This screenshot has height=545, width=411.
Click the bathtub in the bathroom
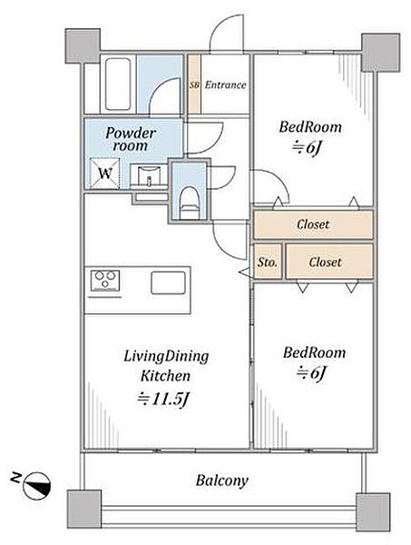pyautogui.click(x=118, y=84)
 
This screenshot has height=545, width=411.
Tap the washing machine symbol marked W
pyautogui.click(x=105, y=173)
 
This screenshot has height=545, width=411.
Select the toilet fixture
pyautogui.click(x=190, y=203)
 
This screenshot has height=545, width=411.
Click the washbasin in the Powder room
pyautogui.click(x=150, y=175)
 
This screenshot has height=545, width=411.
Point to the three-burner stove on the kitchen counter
pyautogui.click(x=105, y=280)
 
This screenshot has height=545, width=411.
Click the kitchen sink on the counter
pyautogui.click(x=168, y=282)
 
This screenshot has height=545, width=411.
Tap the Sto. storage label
pyautogui.click(x=268, y=263)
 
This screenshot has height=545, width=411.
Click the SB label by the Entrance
pyautogui.click(x=194, y=84)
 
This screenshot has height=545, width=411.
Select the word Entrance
pyautogui.click(x=225, y=84)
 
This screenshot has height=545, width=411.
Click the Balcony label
pyautogui.click(x=221, y=481)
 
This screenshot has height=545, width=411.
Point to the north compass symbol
pyautogui.click(x=36, y=486)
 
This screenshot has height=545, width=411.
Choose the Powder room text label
pyautogui.click(x=131, y=139)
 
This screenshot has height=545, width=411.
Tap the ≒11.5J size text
pyautogui.click(x=163, y=400)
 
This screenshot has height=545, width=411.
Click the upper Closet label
pyautogui.click(x=313, y=224)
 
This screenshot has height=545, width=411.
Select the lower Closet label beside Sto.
pyautogui.click(x=325, y=262)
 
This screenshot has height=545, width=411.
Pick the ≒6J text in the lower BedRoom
pyautogui.click(x=311, y=373)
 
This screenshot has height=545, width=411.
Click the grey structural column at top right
pyautogui.click(x=381, y=53)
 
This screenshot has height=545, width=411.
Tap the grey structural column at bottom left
pyautogui.click(x=84, y=510)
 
